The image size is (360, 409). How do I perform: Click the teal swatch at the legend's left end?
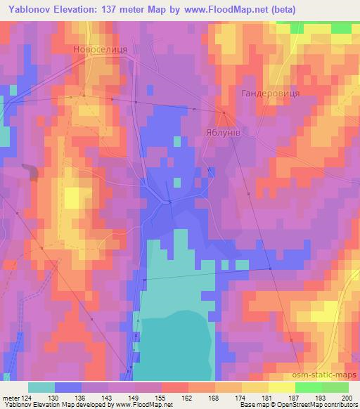click(x=41, y=387)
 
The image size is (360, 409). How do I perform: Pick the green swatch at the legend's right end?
click(x=334, y=387)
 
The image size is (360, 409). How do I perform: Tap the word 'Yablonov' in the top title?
click(x=27, y=9)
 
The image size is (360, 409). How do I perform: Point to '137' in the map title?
click(x=117, y=9)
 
